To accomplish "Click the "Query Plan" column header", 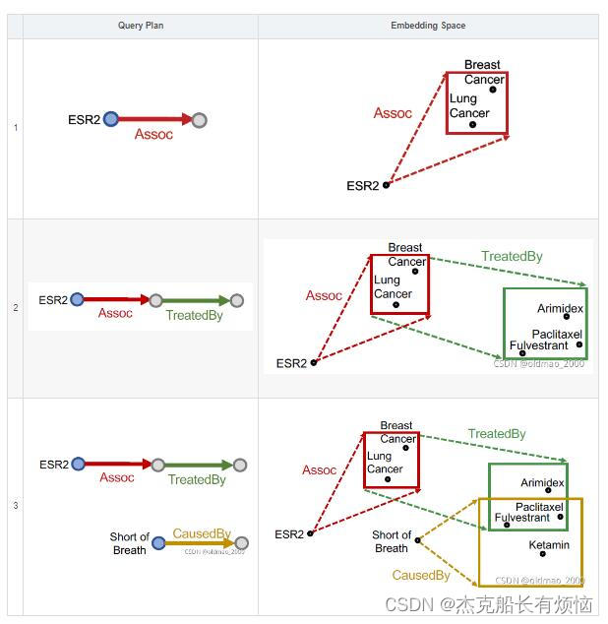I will point(141,26).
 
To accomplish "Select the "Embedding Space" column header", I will point(428,26).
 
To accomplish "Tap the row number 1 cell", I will point(15,128).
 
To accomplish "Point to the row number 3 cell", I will point(15,506).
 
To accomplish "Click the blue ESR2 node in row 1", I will point(110,120).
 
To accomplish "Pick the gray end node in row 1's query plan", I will point(199,120).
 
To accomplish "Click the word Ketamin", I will point(549,544).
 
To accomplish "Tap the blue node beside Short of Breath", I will point(158,542).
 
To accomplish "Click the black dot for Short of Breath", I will point(418,539).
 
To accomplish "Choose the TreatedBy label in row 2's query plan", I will point(194,316).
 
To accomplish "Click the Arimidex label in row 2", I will point(560,309).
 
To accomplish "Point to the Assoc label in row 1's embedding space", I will point(393,113).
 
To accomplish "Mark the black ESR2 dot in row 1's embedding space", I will point(386,184).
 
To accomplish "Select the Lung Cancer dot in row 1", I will point(472,125).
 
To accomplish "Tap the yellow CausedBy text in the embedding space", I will point(421,575).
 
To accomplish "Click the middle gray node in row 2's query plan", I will point(155,300).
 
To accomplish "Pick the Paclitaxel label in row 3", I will point(539,507).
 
